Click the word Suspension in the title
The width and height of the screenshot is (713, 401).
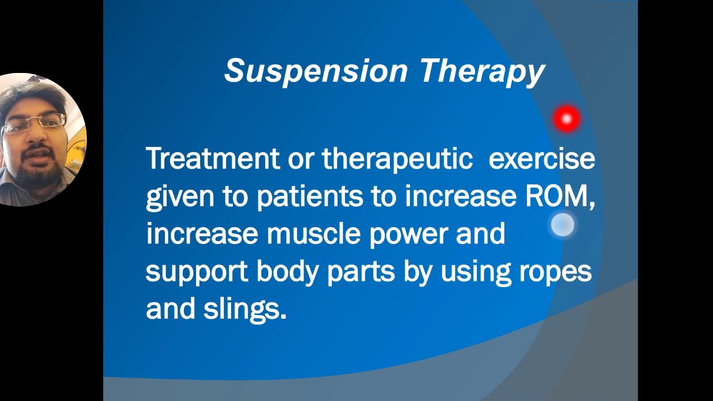[316, 71]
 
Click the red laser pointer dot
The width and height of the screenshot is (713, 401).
[567, 119]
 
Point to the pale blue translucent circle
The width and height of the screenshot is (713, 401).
[563, 225]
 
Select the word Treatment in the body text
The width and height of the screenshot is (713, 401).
[212, 159]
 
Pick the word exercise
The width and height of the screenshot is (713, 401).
[541, 159]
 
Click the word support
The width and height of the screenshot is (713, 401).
[196, 272]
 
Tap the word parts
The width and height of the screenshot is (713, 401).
[360, 272]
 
